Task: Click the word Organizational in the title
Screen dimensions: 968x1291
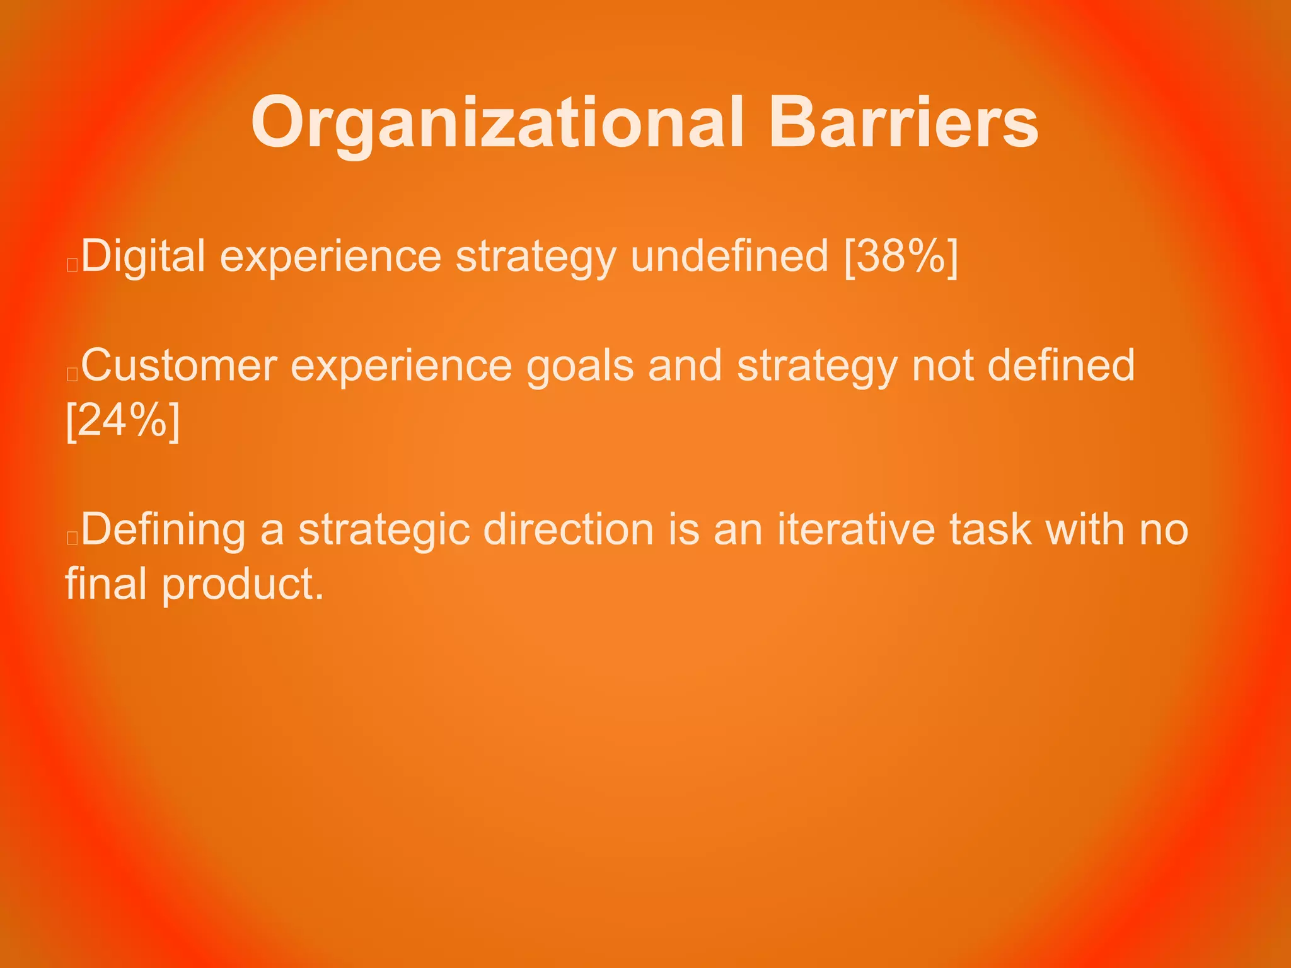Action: click(497, 123)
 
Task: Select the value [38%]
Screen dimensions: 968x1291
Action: click(901, 256)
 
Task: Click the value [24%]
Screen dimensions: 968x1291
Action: click(123, 420)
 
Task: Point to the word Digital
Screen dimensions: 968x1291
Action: click(143, 256)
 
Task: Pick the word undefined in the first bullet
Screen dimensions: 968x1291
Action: click(729, 256)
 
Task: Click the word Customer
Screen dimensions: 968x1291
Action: click(179, 366)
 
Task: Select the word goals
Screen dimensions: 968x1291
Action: click(579, 366)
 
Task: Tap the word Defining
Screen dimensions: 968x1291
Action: click(163, 529)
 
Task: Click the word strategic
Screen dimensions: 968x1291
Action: click(384, 529)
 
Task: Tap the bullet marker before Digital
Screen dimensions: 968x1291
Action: click(72, 265)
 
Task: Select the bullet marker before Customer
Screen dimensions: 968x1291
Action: click(72, 374)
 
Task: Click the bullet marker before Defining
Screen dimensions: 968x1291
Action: click(72, 538)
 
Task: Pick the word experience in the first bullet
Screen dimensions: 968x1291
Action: click(330, 256)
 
